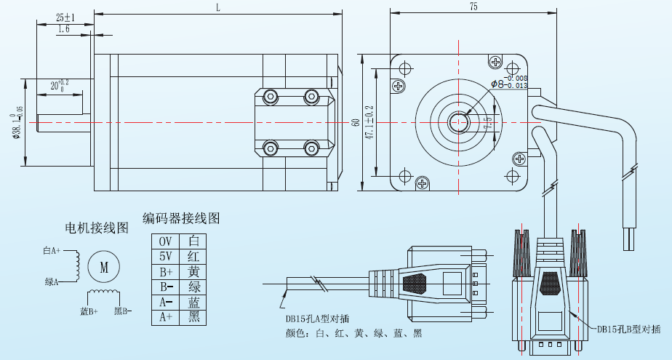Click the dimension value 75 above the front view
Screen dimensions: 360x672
pos(473,7)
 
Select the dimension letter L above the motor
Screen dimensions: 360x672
pos(217,7)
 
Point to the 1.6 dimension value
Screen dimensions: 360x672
pos(63,29)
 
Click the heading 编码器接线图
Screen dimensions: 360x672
pos(181,218)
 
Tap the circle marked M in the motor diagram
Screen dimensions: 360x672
pos(103,267)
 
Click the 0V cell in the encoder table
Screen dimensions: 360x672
pos(166,241)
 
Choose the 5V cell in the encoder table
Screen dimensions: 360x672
pos(166,256)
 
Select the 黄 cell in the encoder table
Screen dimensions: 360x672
pos(193,271)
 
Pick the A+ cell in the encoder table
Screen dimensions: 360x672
pos(166,317)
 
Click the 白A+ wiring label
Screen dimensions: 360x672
pos(52,251)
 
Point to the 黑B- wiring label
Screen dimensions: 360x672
pos(122,312)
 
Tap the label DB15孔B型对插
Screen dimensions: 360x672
pos(628,329)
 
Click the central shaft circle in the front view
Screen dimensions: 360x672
pos(460,122)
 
